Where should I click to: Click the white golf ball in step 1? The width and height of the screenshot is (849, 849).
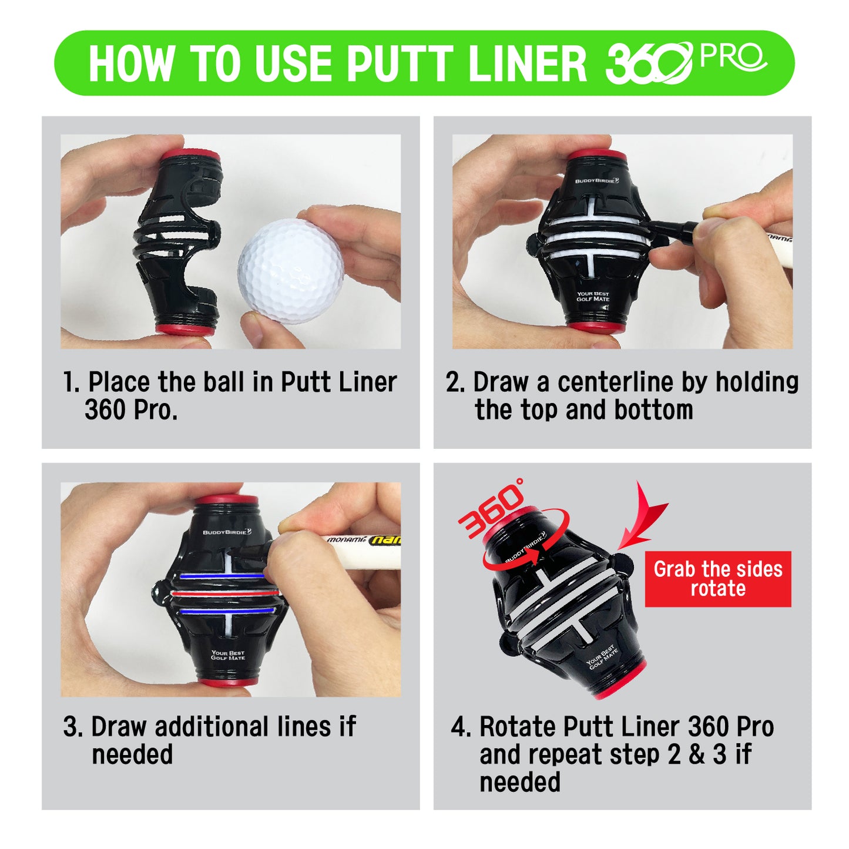coord(291,271)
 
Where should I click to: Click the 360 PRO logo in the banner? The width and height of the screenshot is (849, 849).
coord(686,62)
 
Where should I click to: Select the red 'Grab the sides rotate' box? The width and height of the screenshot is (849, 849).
coord(718,579)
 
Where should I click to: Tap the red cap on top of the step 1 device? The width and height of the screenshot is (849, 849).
coord(190,156)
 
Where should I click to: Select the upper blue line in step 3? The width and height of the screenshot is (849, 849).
coord(223,575)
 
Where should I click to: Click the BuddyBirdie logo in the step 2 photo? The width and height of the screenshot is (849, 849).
coord(597,180)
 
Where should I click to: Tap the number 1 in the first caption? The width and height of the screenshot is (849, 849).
coord(69,381)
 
